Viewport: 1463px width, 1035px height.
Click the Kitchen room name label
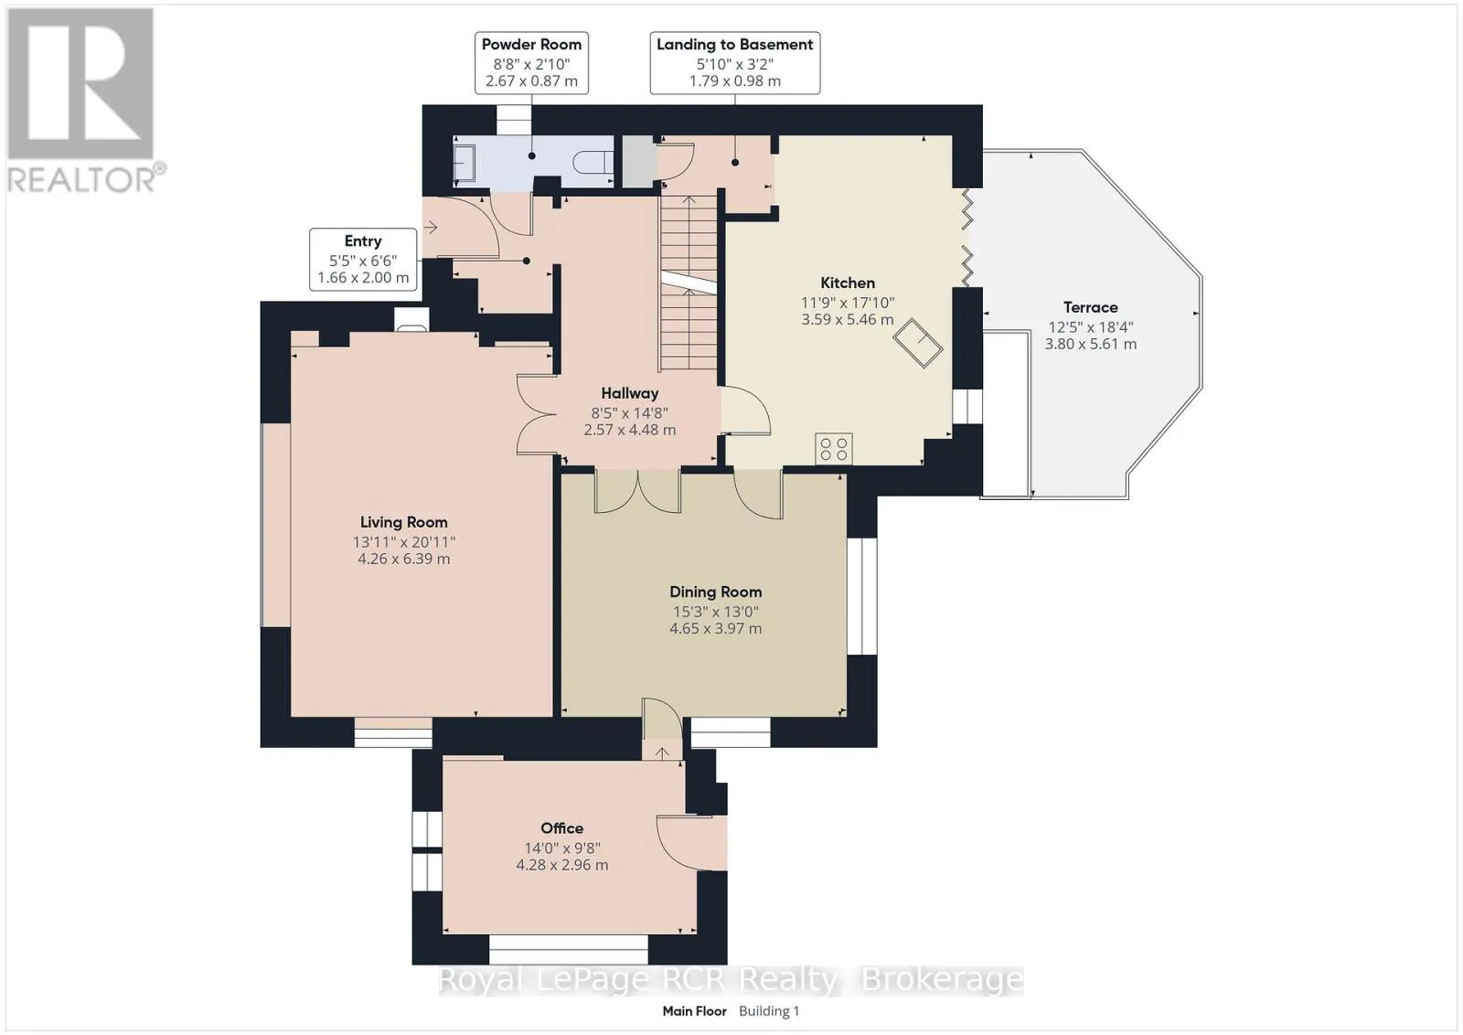847,283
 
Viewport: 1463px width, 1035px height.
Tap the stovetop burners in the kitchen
833,449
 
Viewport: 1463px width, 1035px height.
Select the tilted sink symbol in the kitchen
918,344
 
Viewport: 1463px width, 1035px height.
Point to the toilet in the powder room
593,162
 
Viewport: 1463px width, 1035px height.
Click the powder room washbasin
465,163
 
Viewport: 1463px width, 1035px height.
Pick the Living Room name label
403,522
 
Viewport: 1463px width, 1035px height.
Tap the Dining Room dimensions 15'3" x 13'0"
715,612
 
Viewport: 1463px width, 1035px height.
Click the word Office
561,828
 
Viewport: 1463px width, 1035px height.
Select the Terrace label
1090,307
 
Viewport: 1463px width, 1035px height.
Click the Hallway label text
630,393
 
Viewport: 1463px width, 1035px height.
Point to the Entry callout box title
362,241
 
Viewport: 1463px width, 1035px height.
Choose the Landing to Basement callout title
735,45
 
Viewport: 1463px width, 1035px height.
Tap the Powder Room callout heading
531,45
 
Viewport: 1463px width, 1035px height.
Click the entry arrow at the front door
431,228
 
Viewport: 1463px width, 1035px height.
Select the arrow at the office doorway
662,752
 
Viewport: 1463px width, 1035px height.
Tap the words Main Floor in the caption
694,1011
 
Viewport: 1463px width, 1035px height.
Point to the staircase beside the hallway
689,283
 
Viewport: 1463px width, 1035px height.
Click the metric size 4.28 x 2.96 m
561,865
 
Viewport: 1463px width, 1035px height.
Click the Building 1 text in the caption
769,1011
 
